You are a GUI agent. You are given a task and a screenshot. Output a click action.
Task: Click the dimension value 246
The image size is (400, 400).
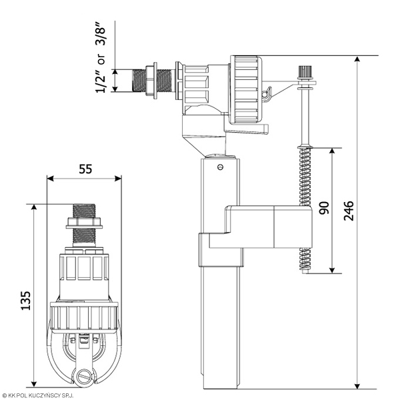click(x=349, y=211)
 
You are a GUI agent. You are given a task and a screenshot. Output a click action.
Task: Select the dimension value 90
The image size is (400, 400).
click(x=324, y=207)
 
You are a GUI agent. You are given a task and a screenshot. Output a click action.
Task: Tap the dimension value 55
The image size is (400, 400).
click(x=85, y=169)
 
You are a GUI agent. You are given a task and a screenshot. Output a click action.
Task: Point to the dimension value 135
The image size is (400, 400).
click(x=25, y=301)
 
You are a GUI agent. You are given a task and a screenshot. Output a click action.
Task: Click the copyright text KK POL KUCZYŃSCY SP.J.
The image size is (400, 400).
click(x=37, y=395)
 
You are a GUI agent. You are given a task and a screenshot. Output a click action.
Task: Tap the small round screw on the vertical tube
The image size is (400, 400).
click(x=221, y=167)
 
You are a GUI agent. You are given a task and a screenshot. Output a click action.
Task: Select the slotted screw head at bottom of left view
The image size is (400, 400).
click(x=84, y=376)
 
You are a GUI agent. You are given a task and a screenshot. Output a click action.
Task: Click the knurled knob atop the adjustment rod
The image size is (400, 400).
click(x=305, y=72)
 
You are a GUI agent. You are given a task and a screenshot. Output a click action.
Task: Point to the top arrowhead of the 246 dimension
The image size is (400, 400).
click(x=357, y=59)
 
